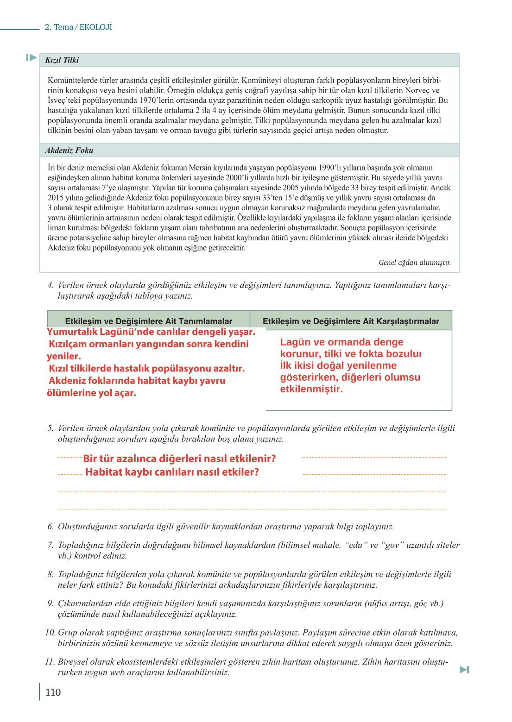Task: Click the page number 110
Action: coord(53,692)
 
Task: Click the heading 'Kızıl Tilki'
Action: coord(62,60)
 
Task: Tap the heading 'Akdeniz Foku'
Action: coord(69,151)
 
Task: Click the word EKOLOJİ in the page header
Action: coord(95,27)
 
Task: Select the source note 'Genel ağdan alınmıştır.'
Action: coord(414,263)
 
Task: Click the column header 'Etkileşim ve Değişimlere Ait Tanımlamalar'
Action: coord(148,321)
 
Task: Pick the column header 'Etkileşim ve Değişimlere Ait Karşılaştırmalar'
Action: coord(350,321)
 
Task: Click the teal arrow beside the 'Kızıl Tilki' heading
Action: coord(32,57)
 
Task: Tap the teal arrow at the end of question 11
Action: coord(464,670)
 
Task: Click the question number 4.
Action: coord(50,285)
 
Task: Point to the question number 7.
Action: coord(50,545)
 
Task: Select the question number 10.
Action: coord(50,633)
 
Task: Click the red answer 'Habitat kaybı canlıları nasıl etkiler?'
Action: coord(172,472)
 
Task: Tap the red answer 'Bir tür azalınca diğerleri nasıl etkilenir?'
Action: coord(179,459)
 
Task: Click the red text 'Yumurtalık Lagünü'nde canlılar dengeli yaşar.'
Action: coord(151,332)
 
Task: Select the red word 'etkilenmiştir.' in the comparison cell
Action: coord(311,389)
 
